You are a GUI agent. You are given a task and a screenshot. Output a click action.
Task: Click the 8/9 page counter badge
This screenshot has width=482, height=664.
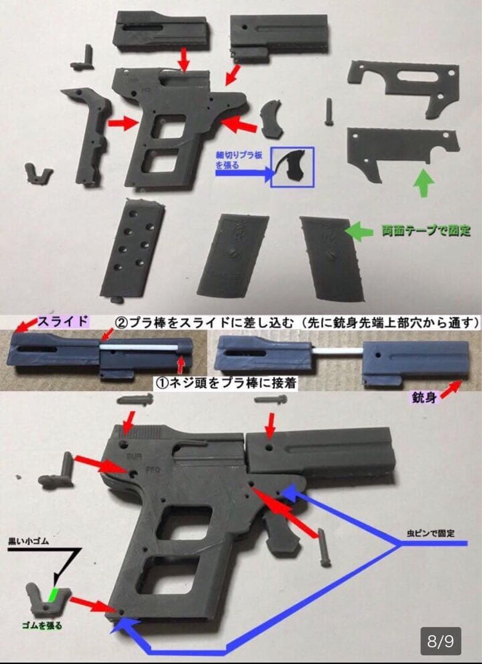click(x=440, y=642)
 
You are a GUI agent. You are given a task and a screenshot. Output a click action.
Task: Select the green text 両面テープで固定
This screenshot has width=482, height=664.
click(x=425, y=231)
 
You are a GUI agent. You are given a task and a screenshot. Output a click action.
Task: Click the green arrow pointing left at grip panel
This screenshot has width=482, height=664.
click(x=359, y=231)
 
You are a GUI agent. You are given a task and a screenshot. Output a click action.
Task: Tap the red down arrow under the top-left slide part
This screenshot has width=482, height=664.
click(x=183, y=60)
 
